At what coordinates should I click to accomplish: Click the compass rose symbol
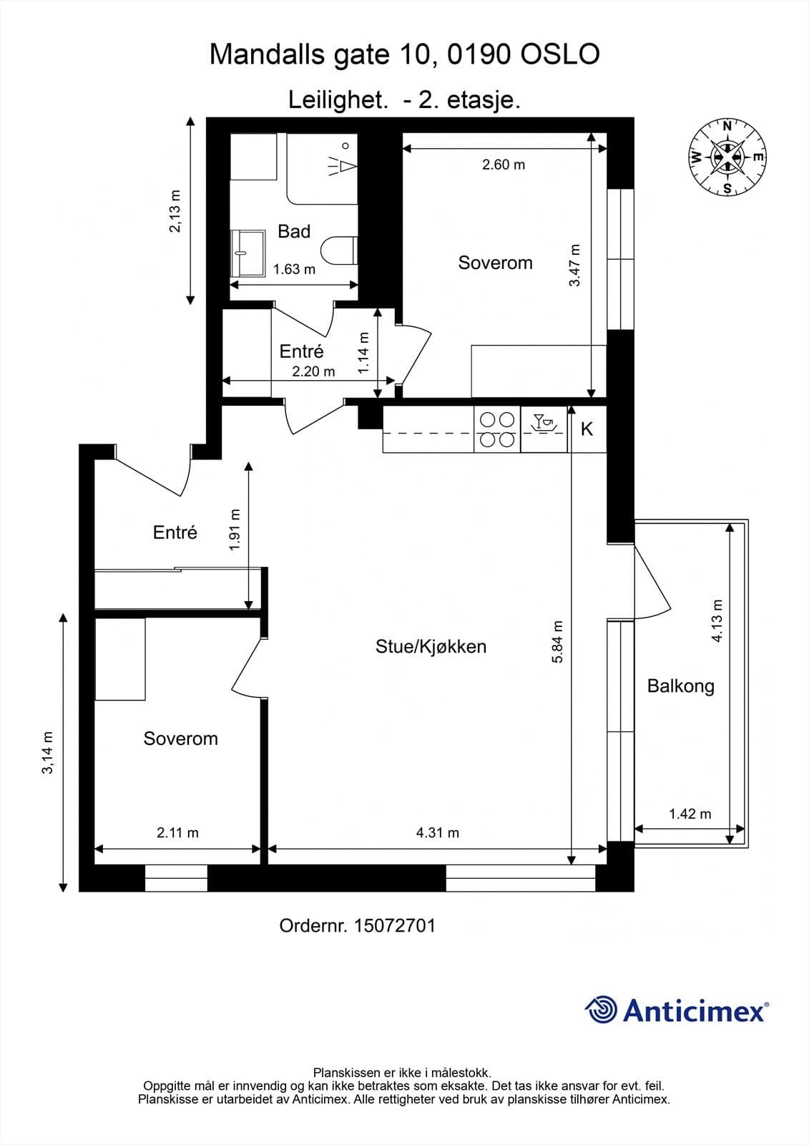click(727, 157)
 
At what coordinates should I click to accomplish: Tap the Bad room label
click(294, 232)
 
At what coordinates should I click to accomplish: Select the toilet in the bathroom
click(339, 250)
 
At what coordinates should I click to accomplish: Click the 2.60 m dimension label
click(504, 165)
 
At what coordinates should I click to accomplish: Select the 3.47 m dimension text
click(575, 265)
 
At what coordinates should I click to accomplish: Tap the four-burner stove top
click(497, 429)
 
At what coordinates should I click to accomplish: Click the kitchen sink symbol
click(544, 423)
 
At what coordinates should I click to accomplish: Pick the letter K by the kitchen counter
click(587, 429)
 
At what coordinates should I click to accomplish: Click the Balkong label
click(680, 686)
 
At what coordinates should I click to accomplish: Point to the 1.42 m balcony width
click(690, 814)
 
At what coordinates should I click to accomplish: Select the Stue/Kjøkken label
click(431, 647)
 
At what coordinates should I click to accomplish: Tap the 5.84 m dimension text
click(557, 642)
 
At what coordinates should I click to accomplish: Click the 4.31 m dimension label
click(438, 833)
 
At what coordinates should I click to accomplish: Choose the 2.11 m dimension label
click(177, 833)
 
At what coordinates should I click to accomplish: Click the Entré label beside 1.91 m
click(175, 532)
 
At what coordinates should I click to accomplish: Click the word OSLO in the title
click(559, 54)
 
